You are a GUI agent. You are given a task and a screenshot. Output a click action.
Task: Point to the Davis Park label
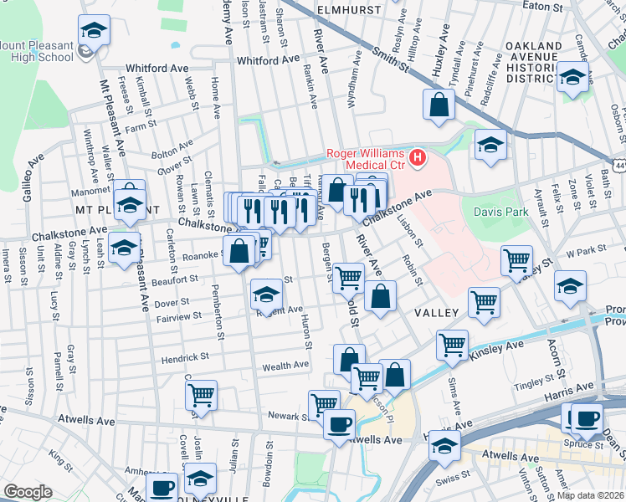point(500,212)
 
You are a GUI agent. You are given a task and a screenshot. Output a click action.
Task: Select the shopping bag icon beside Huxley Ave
point(439,105)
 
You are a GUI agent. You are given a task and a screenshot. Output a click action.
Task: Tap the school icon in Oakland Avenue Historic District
point(572,78)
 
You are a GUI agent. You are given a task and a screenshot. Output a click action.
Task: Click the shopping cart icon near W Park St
point(517,260)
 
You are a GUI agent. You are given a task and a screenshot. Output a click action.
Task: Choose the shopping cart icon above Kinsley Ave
point(452,343)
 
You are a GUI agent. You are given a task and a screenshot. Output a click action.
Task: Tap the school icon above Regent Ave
point(266,295)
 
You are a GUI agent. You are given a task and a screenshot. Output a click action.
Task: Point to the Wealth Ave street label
point(285,366)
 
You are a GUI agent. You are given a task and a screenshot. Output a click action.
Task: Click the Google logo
point(28,492)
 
